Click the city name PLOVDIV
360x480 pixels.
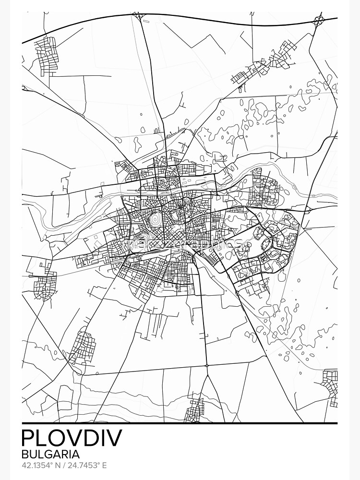[72, 438]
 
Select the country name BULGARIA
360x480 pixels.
[50, 454]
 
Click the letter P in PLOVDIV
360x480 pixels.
[29, 438]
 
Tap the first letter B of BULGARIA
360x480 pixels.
[25, 454]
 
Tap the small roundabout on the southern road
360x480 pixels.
[207, 365]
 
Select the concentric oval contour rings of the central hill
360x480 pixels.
[155, 220]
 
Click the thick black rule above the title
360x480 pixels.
[180, 423]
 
